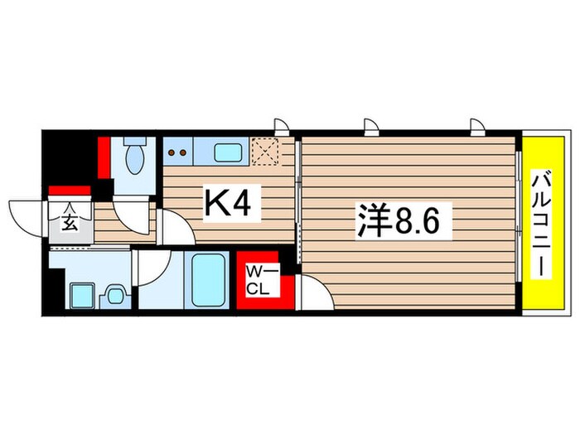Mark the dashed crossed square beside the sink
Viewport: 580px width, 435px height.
[265, 152]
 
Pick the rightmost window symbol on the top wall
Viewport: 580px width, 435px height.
[476, 126]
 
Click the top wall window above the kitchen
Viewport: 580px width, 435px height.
[282, 126]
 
